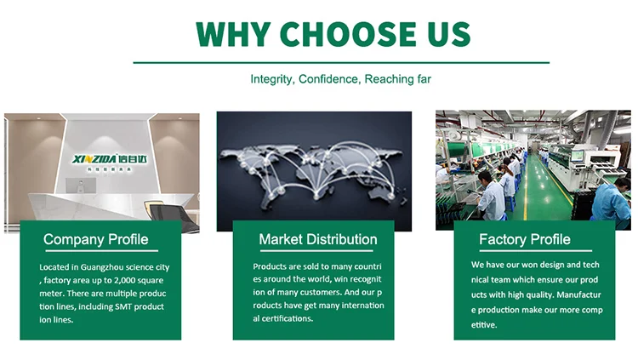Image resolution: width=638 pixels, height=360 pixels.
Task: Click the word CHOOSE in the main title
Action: pos(348,34)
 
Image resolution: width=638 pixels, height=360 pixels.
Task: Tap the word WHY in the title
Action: pos(234,34)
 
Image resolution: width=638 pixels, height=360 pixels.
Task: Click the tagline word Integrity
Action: pos(271,79)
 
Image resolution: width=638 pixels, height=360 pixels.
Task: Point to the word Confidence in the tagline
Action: pos(329,79)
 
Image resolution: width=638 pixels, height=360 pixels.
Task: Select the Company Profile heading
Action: pos(95,239)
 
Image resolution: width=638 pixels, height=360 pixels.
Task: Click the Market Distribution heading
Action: pos(318,239)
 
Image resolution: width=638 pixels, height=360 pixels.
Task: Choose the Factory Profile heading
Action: pos(525,239)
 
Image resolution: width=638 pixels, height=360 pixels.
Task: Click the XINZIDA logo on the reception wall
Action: pos(110,159)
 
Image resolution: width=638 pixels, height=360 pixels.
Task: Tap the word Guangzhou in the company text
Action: pos(102,267)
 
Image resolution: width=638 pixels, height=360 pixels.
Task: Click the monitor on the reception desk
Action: pos(81,186)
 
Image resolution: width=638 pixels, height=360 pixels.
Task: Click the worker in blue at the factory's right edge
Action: pos(612,203)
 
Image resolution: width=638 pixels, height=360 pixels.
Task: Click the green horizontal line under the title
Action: pos(341,63)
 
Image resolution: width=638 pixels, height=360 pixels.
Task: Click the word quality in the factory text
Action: pos(539,295)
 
